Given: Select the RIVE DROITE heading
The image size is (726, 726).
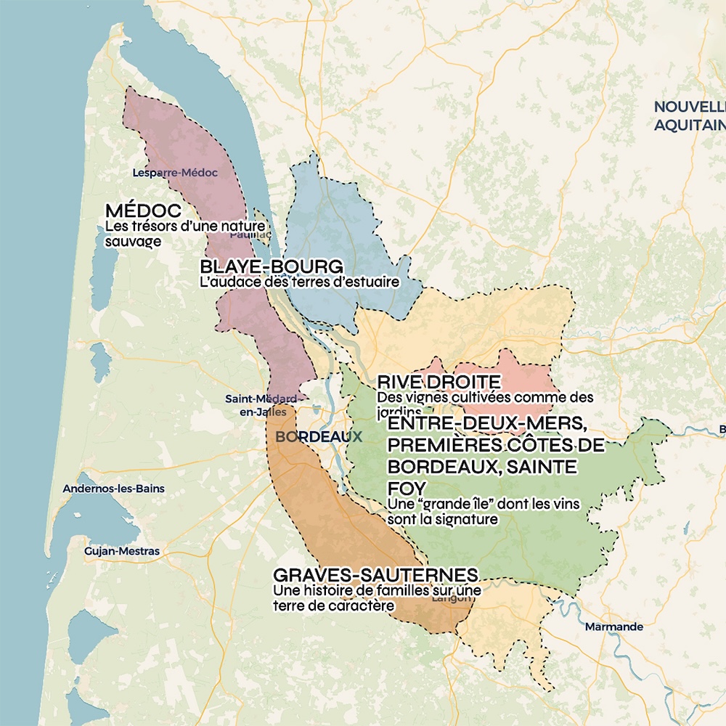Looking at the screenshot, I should tap(439, 382).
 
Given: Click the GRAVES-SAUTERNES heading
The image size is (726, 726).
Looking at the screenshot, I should tap(375, 575).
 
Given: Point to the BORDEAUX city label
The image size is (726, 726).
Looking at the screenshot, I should tap(318, 437).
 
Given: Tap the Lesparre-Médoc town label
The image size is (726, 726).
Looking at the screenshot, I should tap(175, 173).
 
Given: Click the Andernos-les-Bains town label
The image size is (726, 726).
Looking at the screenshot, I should tap(113, 489).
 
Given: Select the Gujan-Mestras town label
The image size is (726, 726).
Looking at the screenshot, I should tap(121, 552).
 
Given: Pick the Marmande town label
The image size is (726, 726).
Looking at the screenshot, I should tap(613, 627).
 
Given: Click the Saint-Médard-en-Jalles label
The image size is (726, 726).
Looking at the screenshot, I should tap(261, 406).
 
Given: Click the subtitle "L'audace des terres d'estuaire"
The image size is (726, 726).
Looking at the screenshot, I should tap(299, 282).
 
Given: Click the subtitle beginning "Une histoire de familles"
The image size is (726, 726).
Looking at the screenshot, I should tap(377, 597).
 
